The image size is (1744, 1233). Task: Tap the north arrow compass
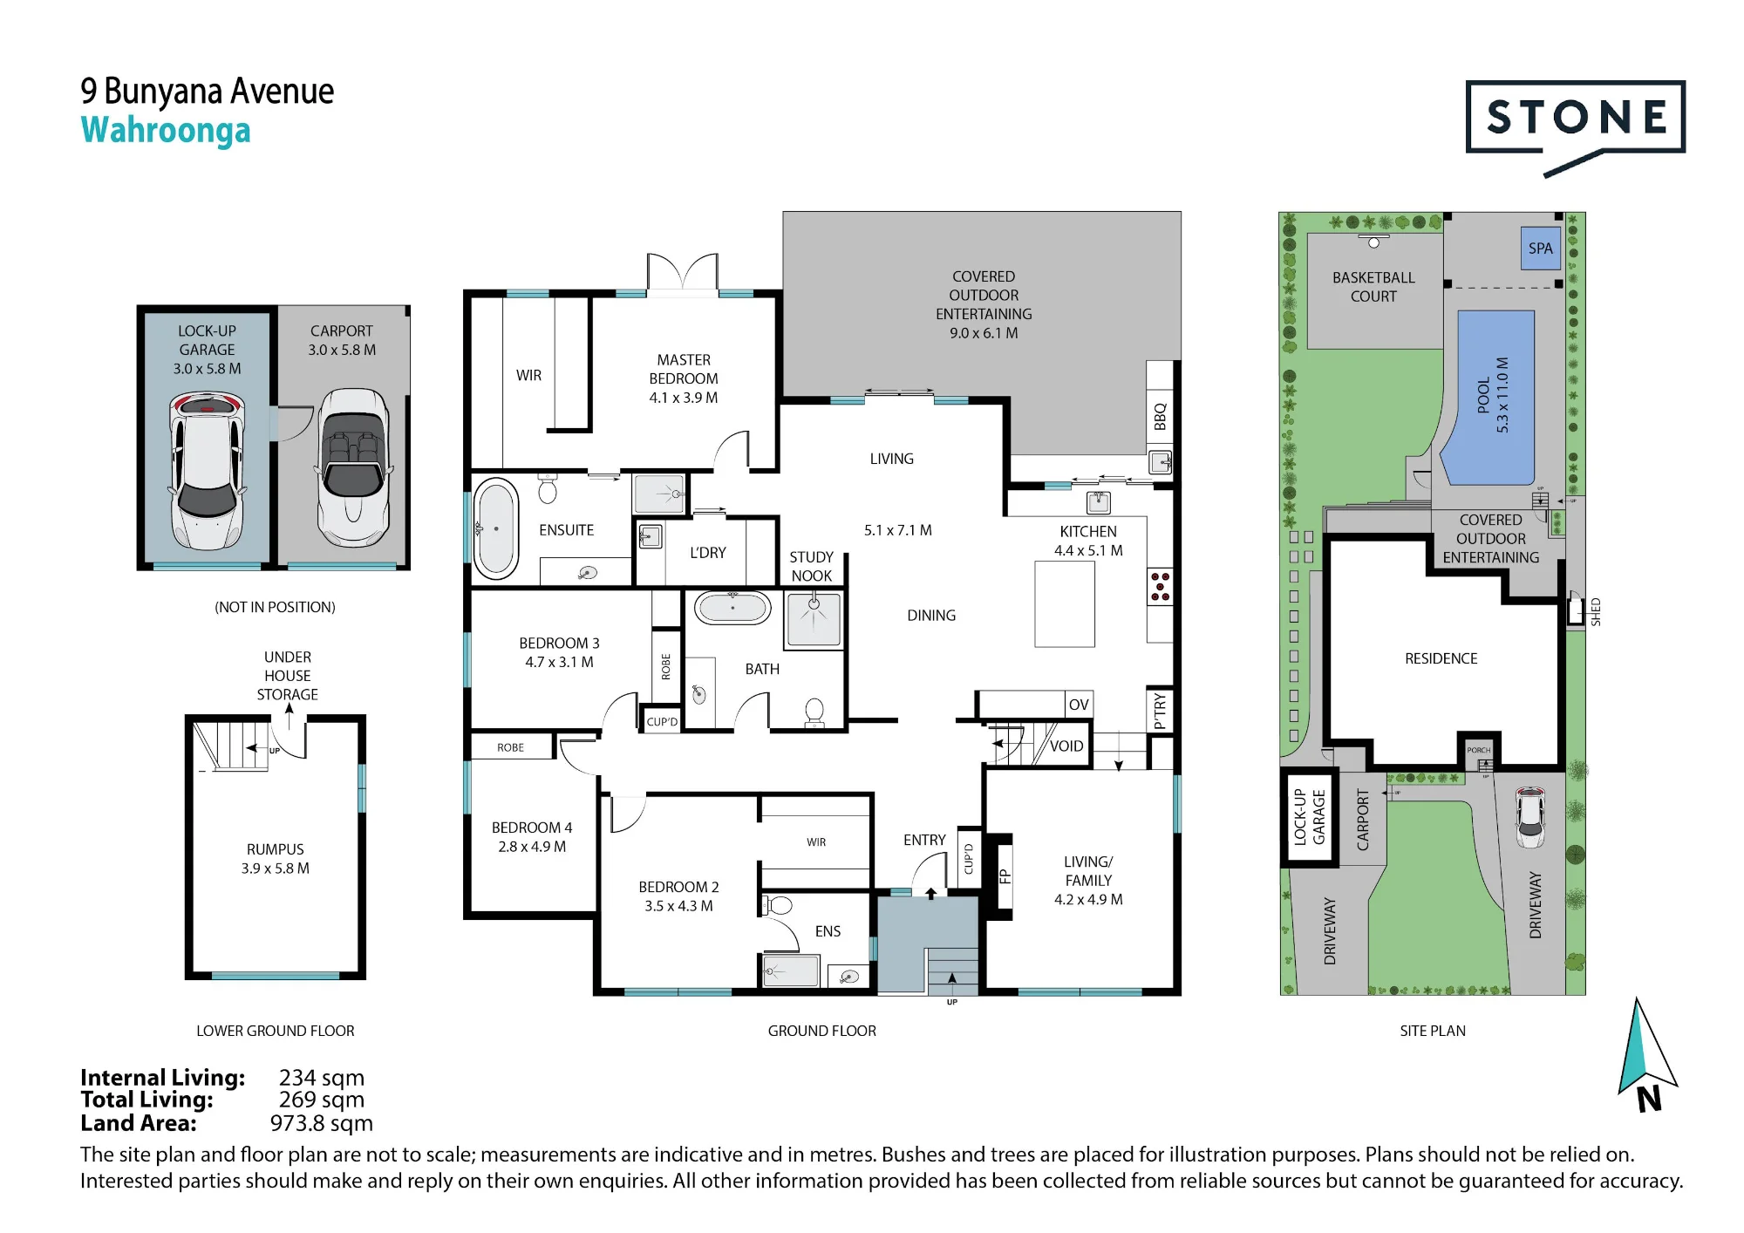pos(1645,1056)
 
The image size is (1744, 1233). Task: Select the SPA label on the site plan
pos(1540,249)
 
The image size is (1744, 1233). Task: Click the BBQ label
pos(1160,417)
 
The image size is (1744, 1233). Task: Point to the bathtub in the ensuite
pos(496,528)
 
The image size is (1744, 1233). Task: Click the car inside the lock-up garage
pos(208,471)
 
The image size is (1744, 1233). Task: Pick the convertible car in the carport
pos(353,467)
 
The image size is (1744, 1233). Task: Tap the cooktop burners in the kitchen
pos(1160,587)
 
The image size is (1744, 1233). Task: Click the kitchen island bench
pos(1065,603)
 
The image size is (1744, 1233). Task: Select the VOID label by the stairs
pos(1066,746)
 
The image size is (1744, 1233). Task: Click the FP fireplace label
pos(1005,877)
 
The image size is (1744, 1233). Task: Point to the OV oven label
pos(1079,705)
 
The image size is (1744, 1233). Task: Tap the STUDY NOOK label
pos(811,567)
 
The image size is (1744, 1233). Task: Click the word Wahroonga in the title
pos(166,131)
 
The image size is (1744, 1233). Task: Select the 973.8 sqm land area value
pos(322,1123)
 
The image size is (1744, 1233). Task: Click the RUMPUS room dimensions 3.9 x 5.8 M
pos(276,869)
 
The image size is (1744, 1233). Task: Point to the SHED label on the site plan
pos(1596,612)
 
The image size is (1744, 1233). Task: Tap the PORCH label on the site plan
pos(1479,750)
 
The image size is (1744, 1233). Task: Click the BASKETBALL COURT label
pos(1373,287)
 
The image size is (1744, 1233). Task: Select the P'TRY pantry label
pos(1160,711)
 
